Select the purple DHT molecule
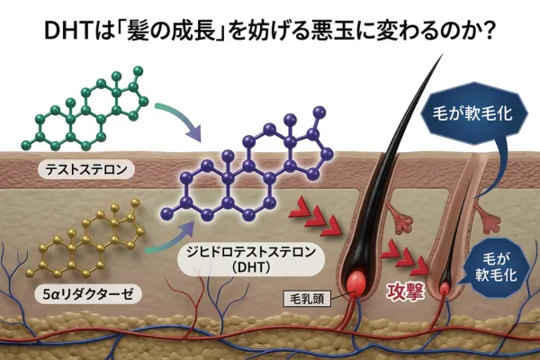[252, 175]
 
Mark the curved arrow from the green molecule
[179, 121]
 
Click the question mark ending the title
[490, 29]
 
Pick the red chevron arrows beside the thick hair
[310, 217]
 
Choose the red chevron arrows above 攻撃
[404, 256]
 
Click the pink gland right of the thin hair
[491, 217]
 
